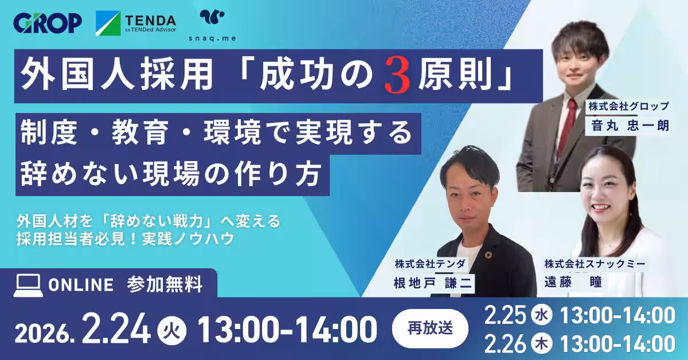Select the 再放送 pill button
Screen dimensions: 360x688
430,328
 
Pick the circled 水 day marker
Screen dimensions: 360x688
540,315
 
